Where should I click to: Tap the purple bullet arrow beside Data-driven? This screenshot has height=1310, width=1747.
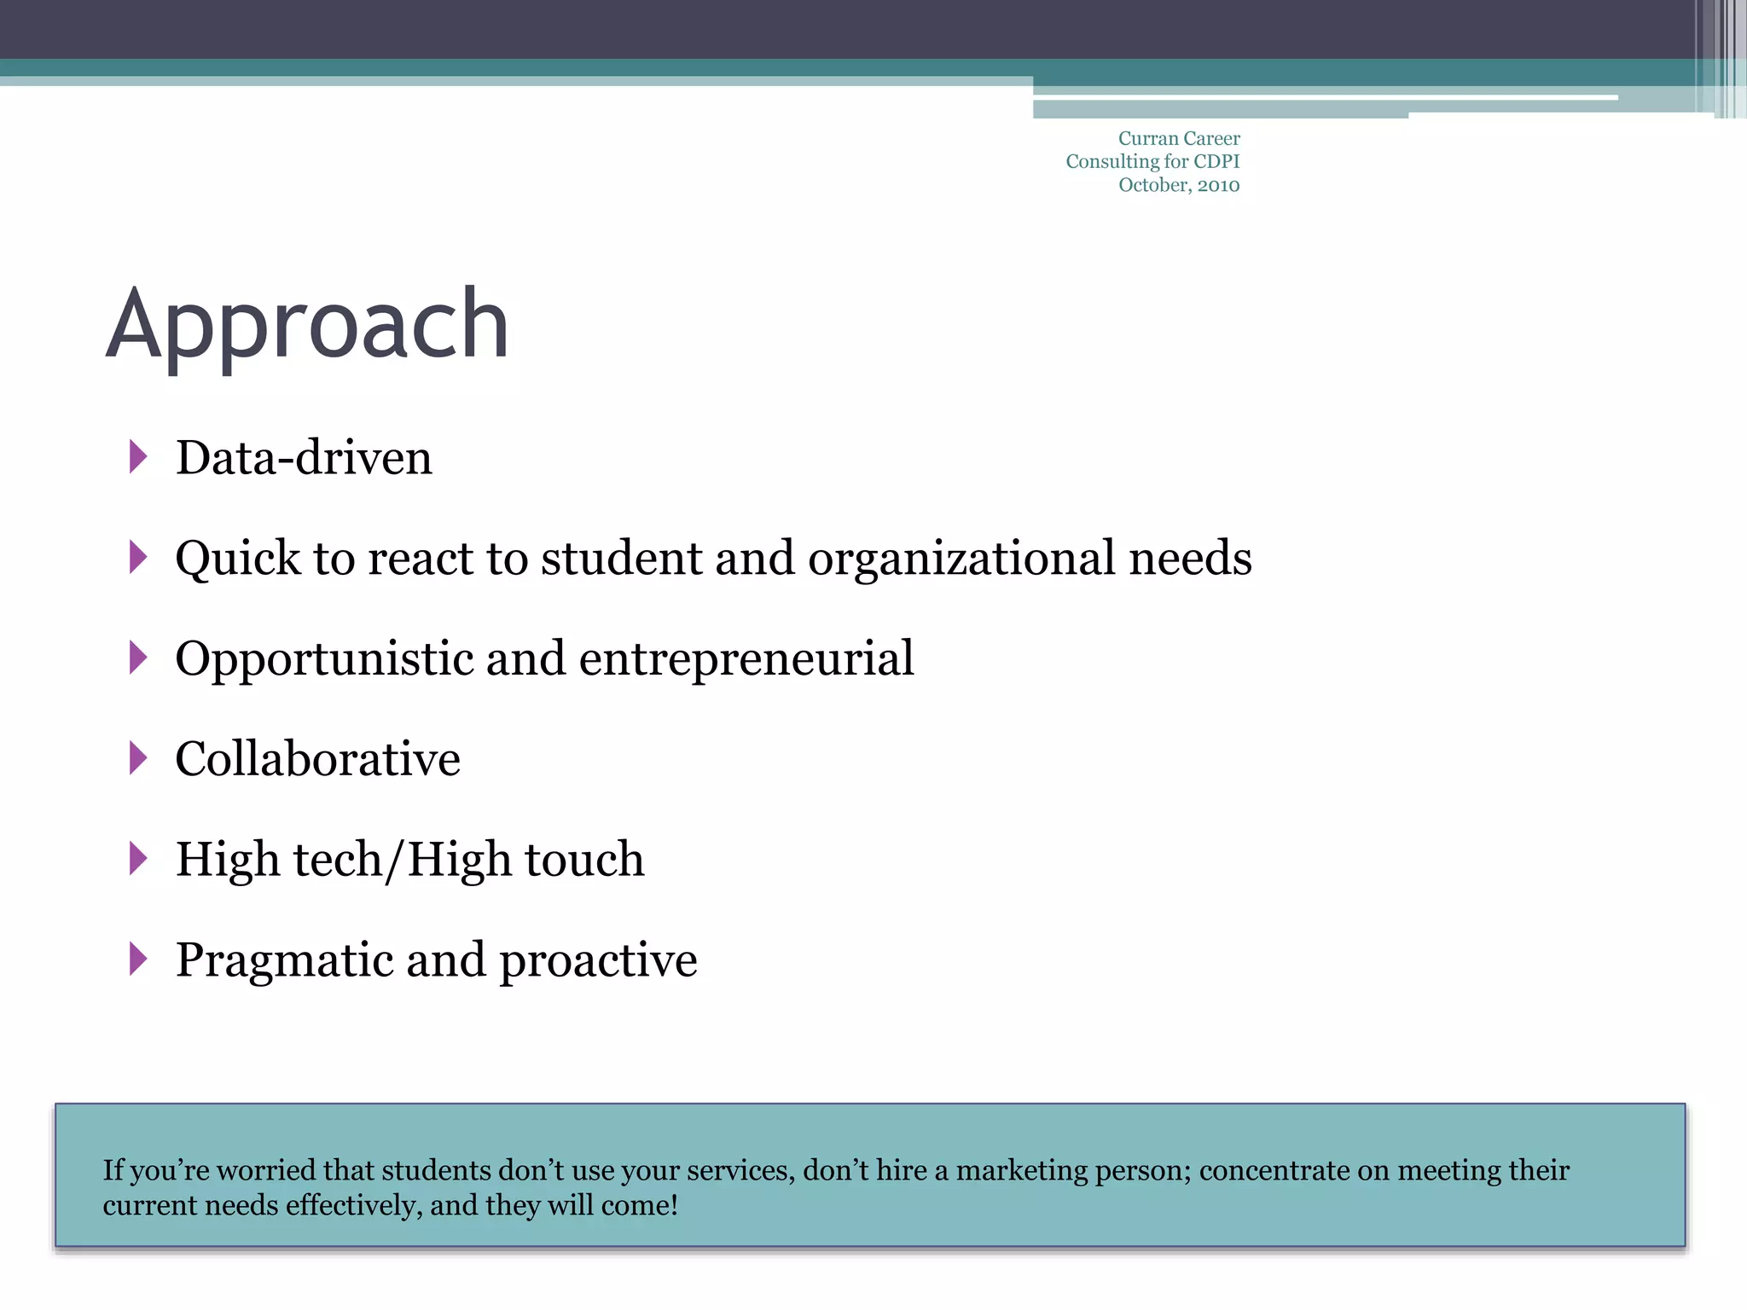(x=138, y=457)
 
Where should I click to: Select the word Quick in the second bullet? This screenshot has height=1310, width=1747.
(x=237, y=559)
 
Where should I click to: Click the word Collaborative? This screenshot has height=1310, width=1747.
(x=317, y=759)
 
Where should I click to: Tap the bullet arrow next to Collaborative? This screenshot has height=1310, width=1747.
(x=138, y=758)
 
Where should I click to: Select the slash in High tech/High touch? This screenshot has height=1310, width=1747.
(x=393, y=860)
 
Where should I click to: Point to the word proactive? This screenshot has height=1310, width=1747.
(x=598, y=961)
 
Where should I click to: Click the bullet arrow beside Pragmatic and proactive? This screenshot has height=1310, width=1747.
(x=138, y=959)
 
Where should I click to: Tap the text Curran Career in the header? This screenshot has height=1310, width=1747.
(x=1179, y=138)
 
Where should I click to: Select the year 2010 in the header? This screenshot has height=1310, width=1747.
(x=1218, y=185)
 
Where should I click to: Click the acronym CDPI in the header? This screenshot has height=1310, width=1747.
(x=1216, y=161)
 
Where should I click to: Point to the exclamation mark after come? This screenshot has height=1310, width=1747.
(x=674, y=1205)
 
